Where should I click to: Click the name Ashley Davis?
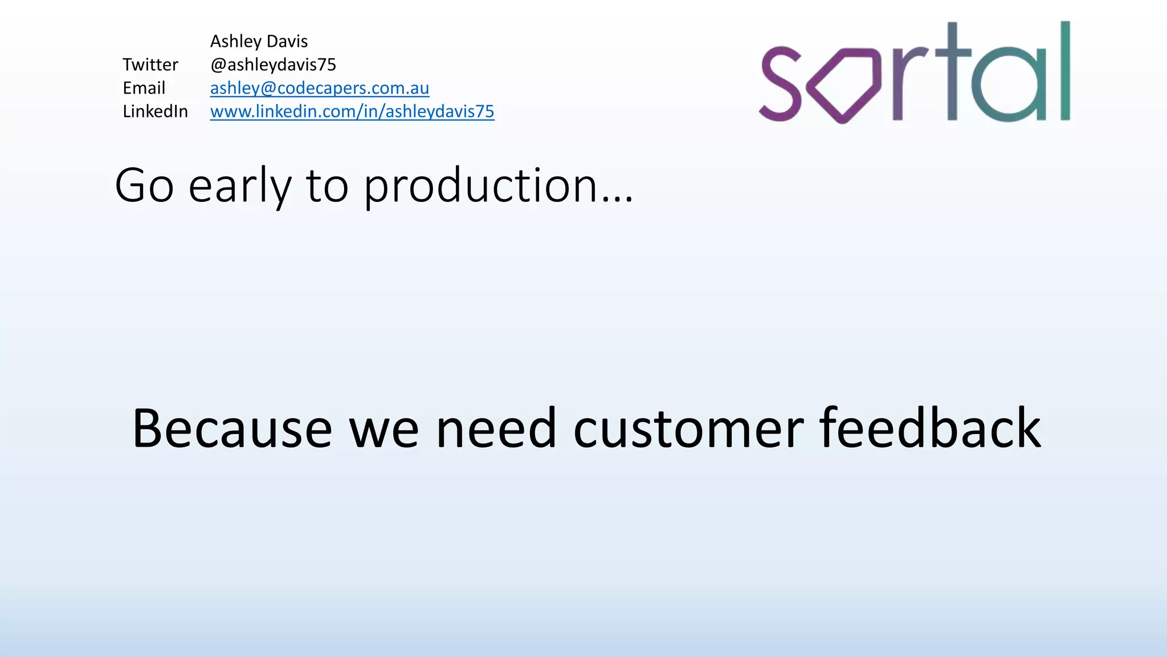pyautogui.click(x=259, y=42)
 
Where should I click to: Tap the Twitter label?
pyautogui.click(x=150, y=65)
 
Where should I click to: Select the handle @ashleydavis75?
pyautogui.click(x=273, y=65)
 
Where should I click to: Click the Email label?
pyautogui.click(x=144, y=88)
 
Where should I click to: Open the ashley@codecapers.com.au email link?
pyautogui.click(x=319, y=88)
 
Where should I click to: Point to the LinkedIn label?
pyautogui.click(x=155, y=111)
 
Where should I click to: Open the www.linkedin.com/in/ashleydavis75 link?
pyautogui.click(x=352, y=111)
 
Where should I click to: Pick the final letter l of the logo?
pyautogui.click(x=1064, y=71)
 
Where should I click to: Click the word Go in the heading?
pyautogui.click(x=144, y=186)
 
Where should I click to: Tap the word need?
pyautogui.click(x=496, y=429)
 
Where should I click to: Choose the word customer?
pyautogui.click(x=688, y=429)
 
